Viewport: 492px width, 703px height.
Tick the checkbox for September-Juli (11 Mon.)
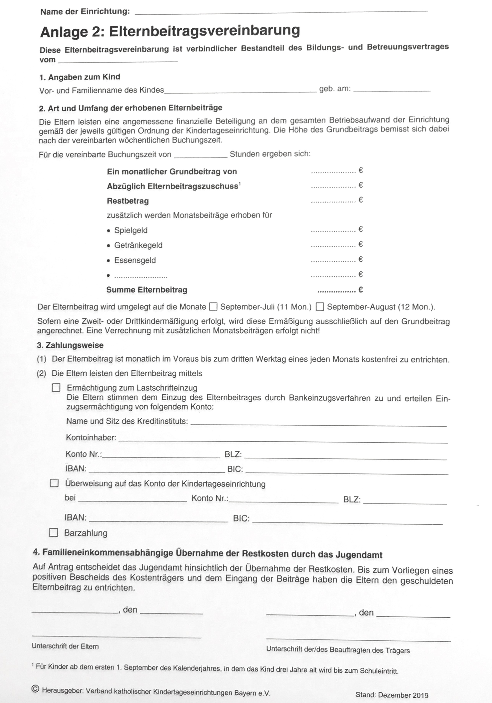click(x=213, y=306)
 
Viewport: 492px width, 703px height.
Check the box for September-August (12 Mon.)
click(x=320, y=306)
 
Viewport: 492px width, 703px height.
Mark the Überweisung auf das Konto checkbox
click(x=54, y=483)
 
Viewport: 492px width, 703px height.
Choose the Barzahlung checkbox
click(x=54, y=533)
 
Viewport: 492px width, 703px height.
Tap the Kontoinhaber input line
click(x=283, y=440)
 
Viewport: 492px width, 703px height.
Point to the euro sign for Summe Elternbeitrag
click(x=361, y=290)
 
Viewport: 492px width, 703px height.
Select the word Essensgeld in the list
click(x=135, y=260)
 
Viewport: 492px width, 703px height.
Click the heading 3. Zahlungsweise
click(x=70, y=345)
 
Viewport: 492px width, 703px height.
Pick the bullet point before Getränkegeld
click(x=108, y=246)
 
